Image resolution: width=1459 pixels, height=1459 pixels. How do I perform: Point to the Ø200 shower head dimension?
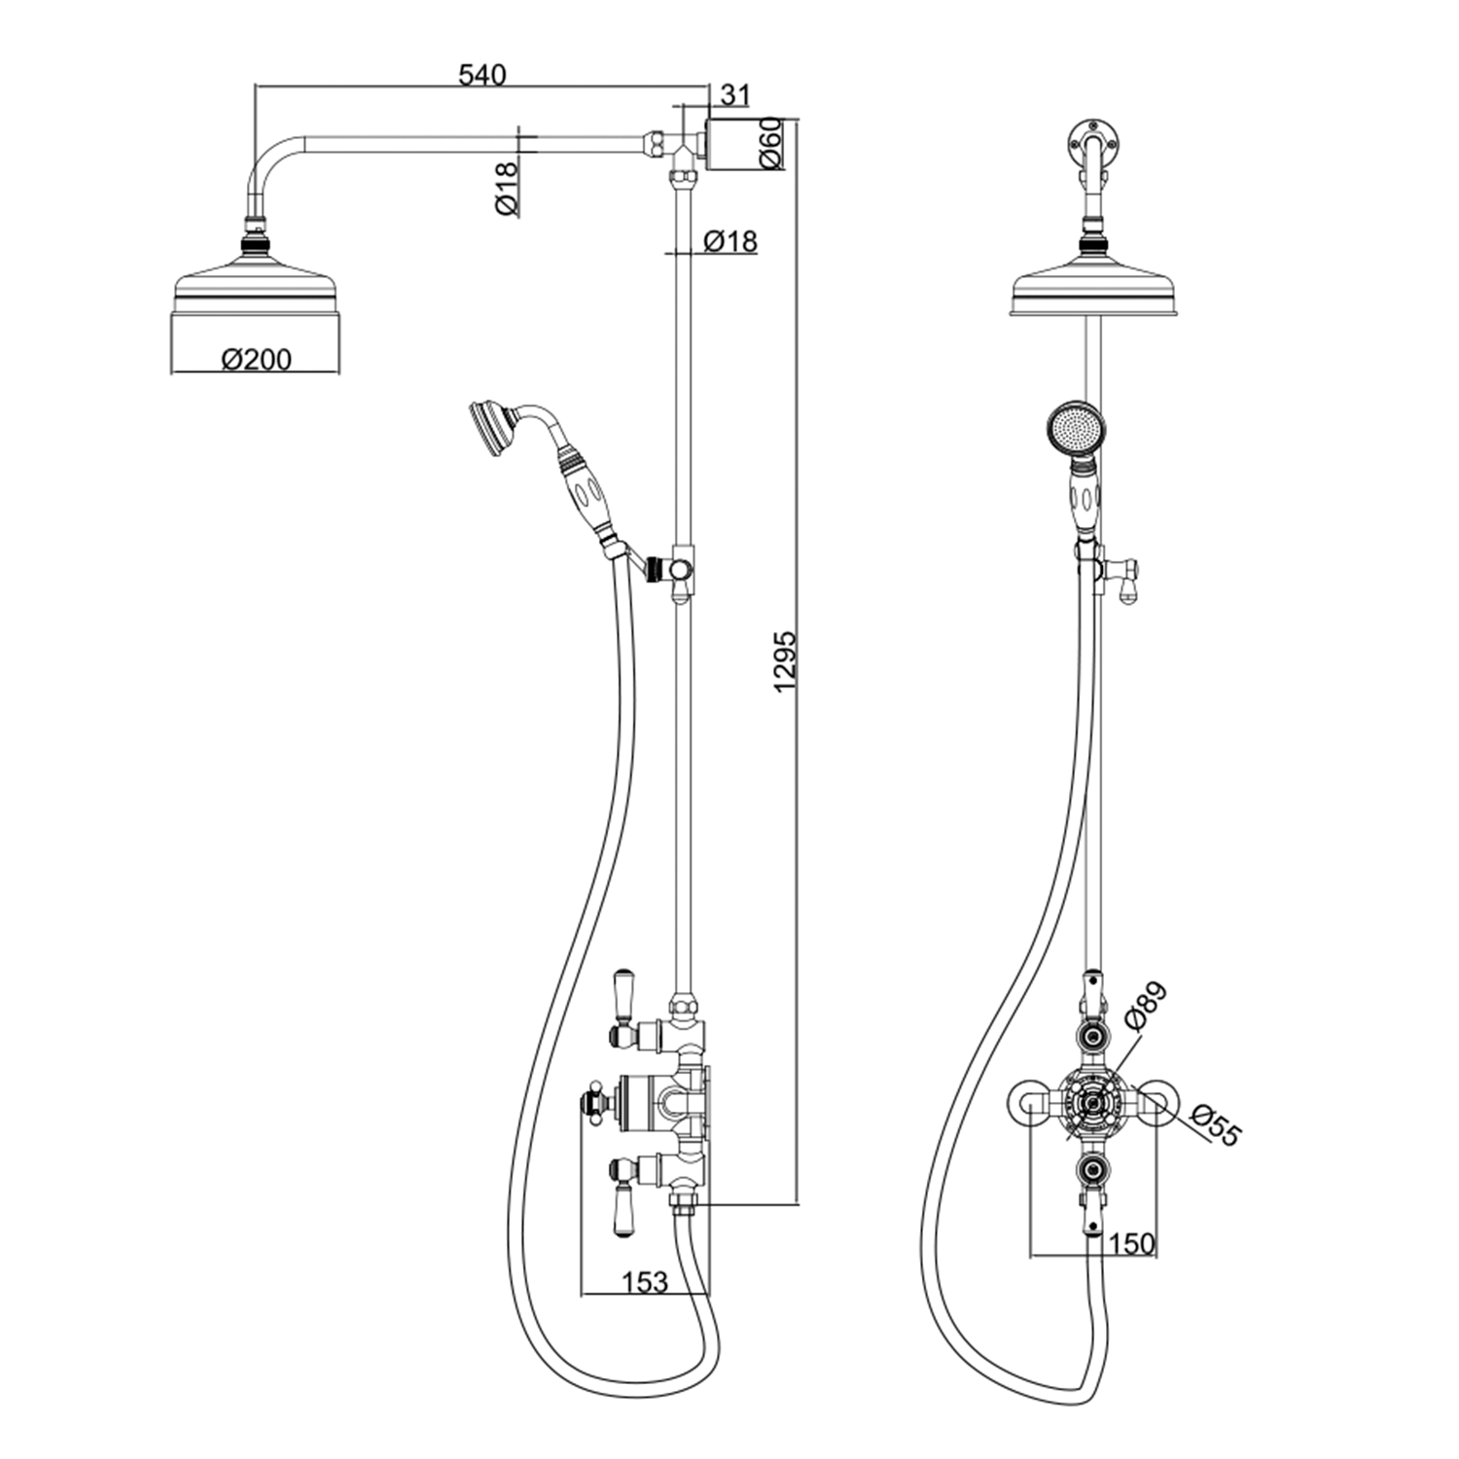coord(256,359)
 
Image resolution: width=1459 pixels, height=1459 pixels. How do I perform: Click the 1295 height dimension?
coord(785,662)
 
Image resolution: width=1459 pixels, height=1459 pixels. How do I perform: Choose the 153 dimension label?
coord(645,1281)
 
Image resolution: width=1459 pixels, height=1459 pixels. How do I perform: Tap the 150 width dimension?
coord(1130,1242)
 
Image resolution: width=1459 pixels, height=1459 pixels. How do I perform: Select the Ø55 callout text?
coord(1217,1125)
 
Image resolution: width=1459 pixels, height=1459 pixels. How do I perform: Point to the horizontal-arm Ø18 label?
coord(506,189)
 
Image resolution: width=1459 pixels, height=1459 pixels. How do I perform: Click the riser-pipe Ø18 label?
coord(729,240)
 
